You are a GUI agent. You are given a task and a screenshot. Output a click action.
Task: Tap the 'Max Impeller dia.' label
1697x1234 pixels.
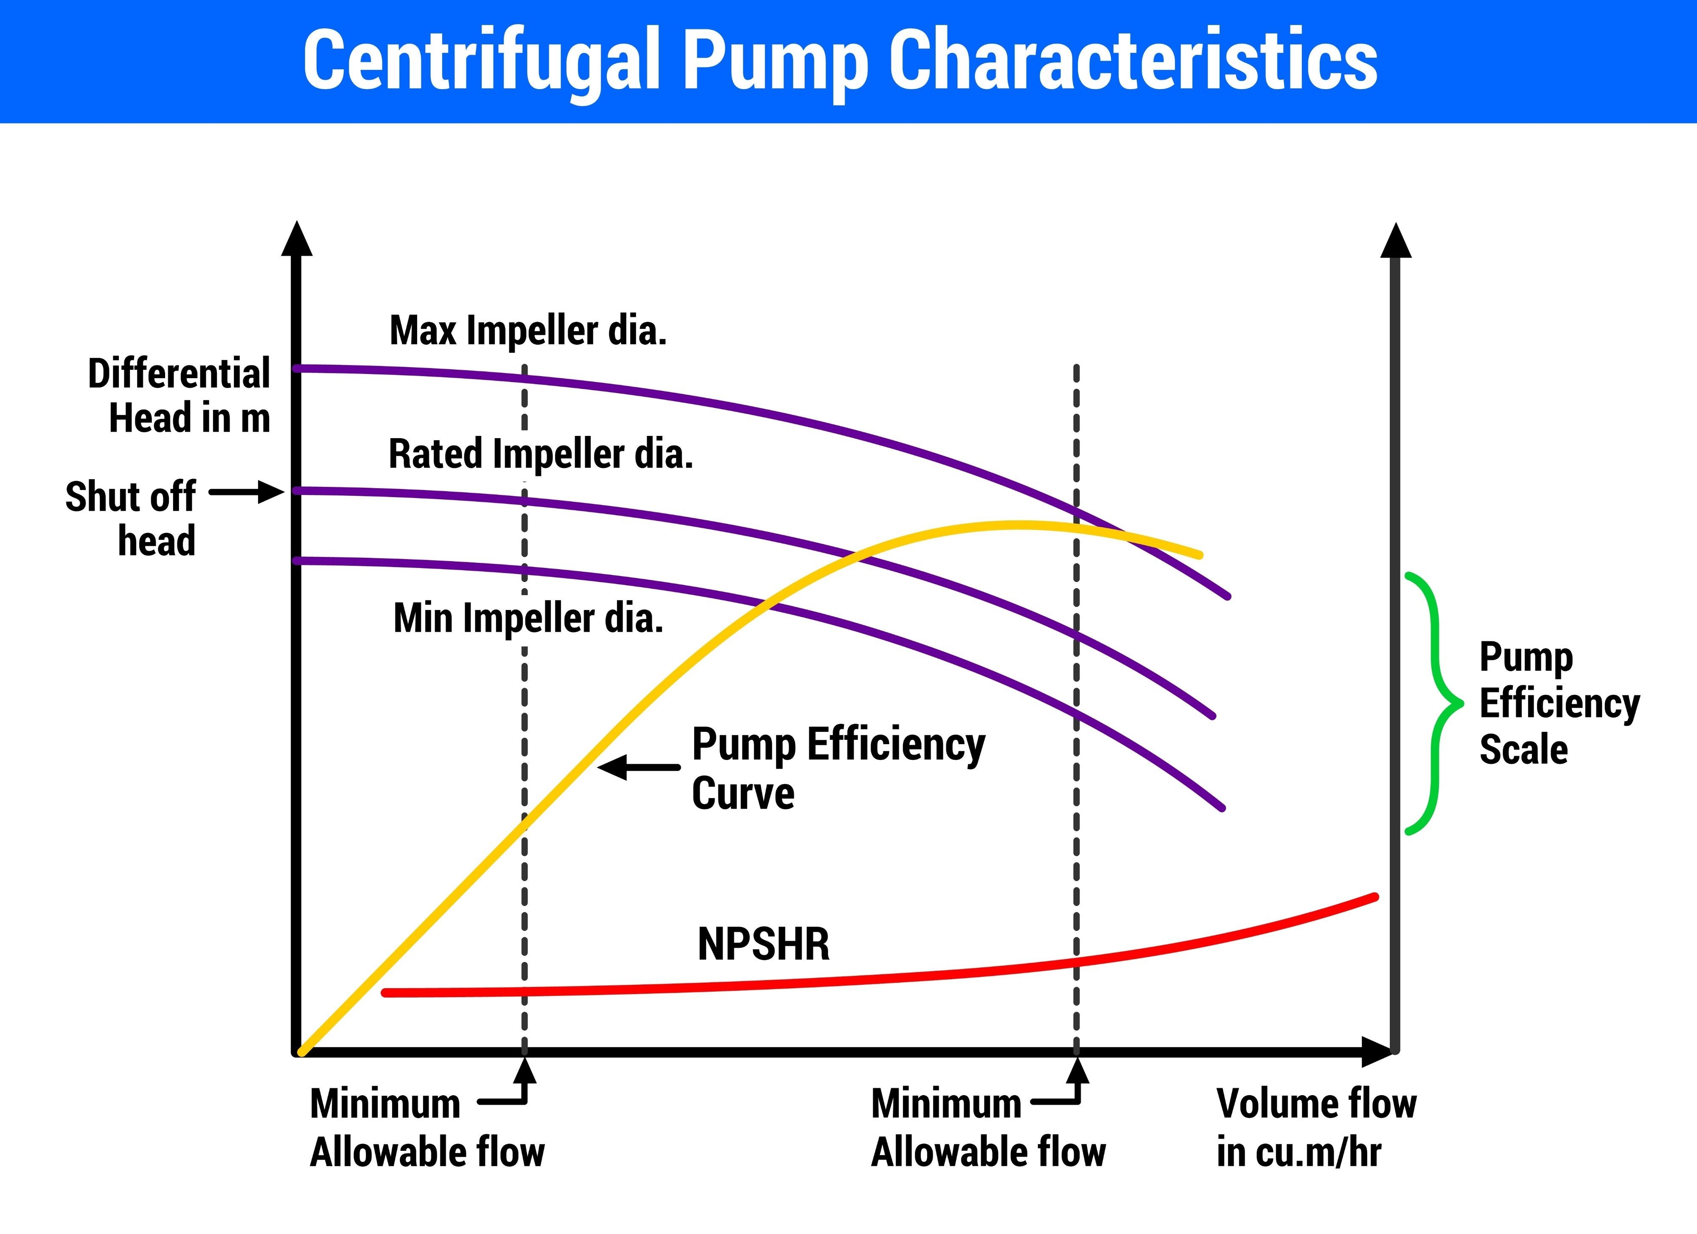point(527,331)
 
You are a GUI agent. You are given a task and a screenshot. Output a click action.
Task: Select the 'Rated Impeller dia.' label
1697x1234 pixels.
point(540,454)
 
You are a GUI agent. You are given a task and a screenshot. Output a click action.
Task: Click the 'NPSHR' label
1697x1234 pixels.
point(763,944)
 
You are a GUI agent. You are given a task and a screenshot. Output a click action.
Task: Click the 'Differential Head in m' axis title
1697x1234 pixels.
point(180,395)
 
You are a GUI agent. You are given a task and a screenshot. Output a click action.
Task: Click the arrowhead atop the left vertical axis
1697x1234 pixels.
point(297,239)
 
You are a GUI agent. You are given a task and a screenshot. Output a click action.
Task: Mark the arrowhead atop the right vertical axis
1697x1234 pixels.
point(1395,241)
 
